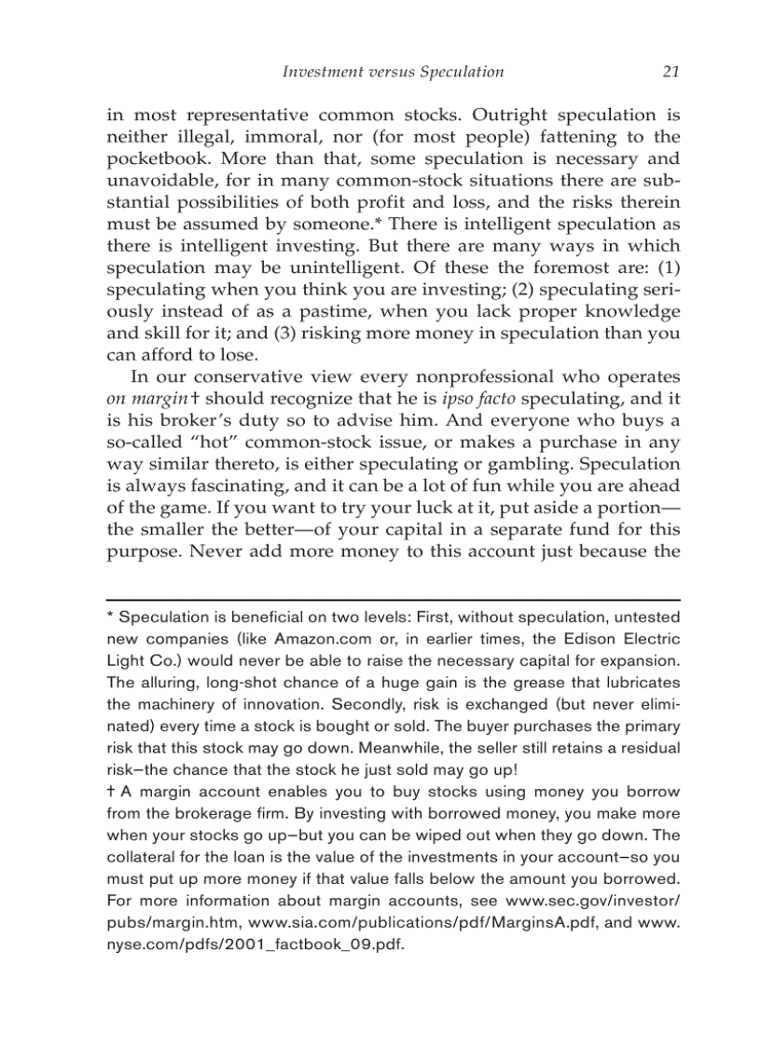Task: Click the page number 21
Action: coord(671,72)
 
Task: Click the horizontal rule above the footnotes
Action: coord(394,599)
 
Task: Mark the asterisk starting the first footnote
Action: coord(111,618)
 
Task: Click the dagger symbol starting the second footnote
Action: coord(111,792)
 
